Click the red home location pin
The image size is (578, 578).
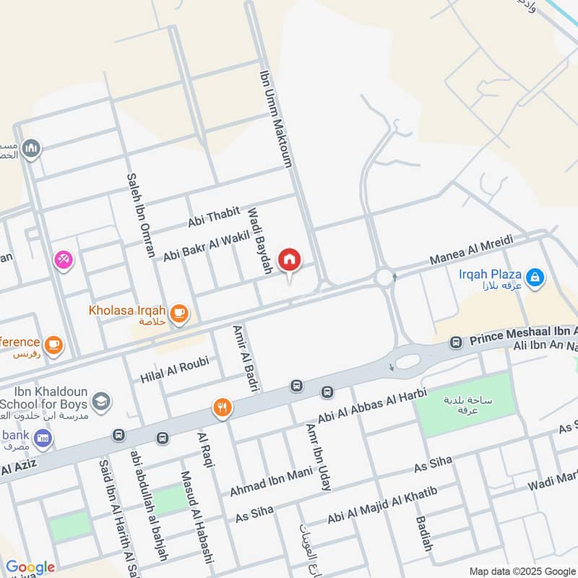pyautogui.click(x=290, y=260)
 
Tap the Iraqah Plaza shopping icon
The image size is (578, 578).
pyautogui.click(x=535, y=277)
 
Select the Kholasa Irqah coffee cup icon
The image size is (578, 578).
pyautogui.click(x=179, y=313)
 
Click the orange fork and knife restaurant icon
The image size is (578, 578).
pyautogui.click(x=222, y=409)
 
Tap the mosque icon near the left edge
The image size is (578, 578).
pyautogui.click(x=30, y=150)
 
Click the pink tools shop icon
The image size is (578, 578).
pyautogui.click(x=63, y=259)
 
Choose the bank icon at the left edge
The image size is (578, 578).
pyautogui.click(x=43, y=438)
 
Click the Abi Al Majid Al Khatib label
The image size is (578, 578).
pyautogui.click(x=383, y=506)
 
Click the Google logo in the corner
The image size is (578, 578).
pyautogui.click(x=30, y=567)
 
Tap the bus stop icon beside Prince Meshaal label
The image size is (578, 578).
pyautogui.click(x=456, y=342)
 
